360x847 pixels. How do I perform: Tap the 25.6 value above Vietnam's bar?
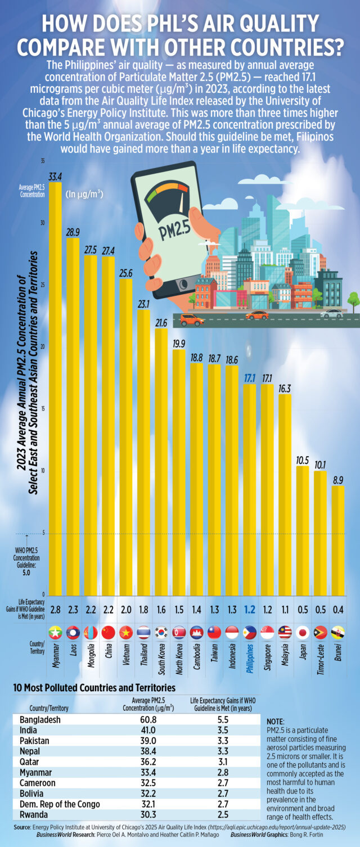point(125,273)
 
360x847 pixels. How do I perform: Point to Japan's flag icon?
point(302,632)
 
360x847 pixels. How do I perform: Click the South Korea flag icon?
point(161,632)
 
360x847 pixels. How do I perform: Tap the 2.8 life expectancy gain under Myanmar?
point(55,610)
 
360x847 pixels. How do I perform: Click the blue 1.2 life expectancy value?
point(249,610)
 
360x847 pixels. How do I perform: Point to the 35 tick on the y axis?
point(42,161)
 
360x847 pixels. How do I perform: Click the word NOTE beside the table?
point(277,720)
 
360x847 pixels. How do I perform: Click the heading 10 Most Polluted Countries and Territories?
point(94,688)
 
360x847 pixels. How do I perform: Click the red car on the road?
point(192,319)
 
